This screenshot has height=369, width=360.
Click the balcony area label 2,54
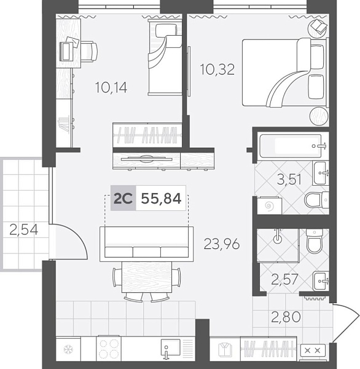[24, 231]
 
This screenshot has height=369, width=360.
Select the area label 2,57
[284, 280]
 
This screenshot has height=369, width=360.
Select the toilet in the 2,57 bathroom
[315, 244]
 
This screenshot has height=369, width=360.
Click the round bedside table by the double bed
[319, 116]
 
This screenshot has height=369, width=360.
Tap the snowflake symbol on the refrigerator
[68, 351]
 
